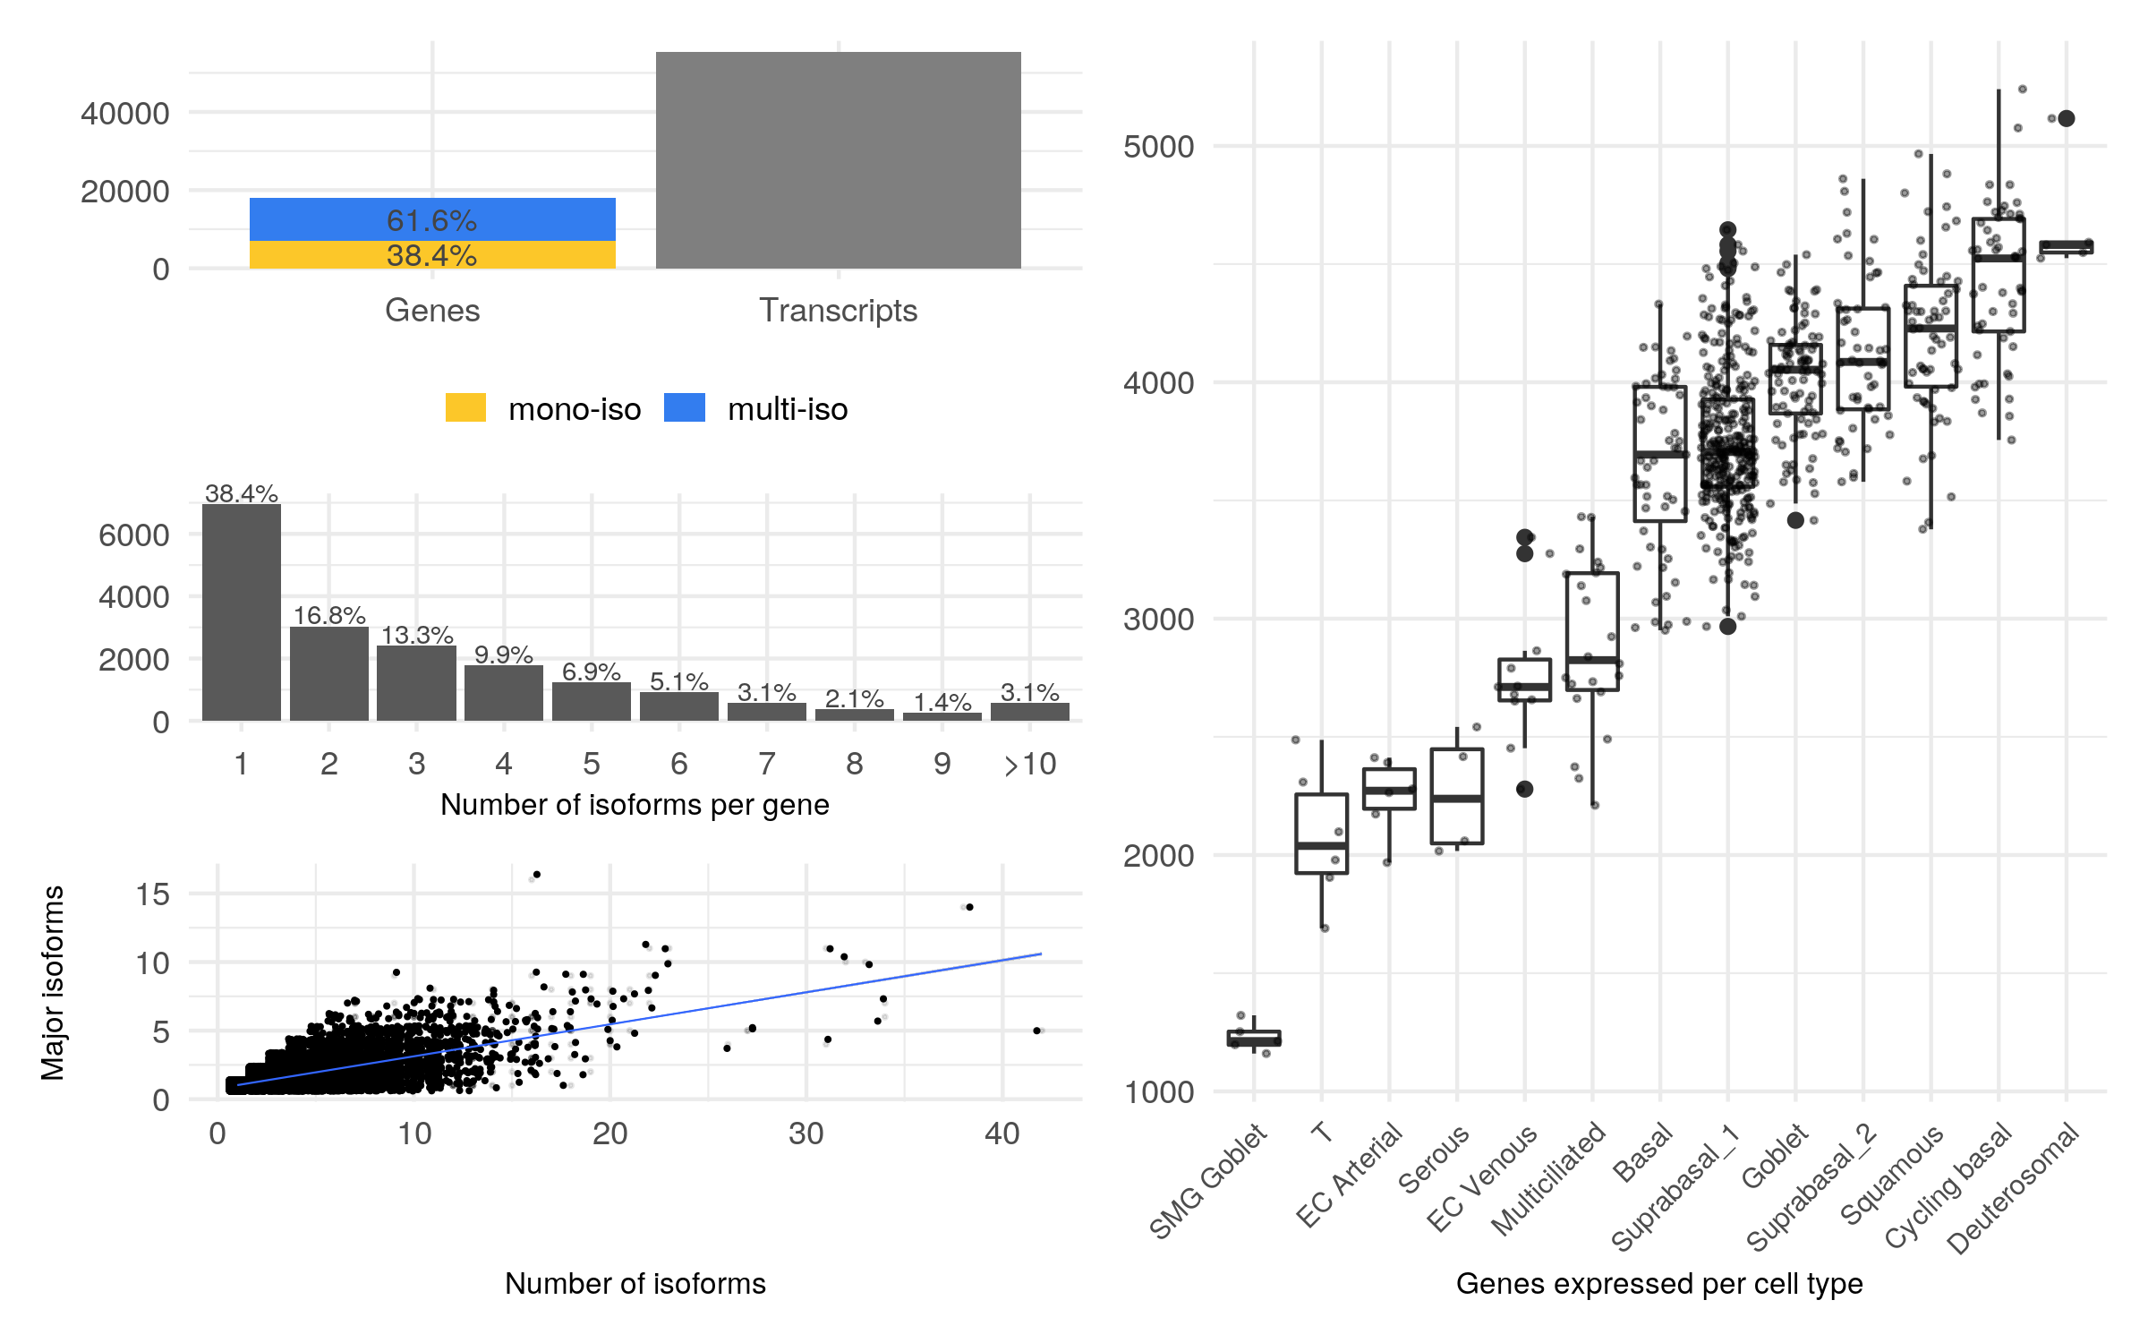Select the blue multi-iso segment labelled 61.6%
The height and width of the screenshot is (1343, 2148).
point(432,219)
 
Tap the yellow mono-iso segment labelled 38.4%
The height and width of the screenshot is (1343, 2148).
point(432,255)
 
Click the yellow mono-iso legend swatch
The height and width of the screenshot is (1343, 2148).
point(465,408)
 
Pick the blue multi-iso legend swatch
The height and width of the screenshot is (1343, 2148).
point(685,408)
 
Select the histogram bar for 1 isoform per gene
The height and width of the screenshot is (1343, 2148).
point(242,612)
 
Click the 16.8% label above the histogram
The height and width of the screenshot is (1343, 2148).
point(329,615)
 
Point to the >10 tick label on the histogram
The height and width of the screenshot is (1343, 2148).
point(1030,764)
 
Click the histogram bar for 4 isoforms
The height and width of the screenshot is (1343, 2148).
point(504,693)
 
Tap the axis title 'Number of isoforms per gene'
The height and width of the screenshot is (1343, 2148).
point(635,805)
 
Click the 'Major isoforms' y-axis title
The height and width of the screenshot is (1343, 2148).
point(53,983)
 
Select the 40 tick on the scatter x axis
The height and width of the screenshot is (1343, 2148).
point(1002,1133)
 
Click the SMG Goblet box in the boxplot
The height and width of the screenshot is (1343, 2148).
point(1253,1038)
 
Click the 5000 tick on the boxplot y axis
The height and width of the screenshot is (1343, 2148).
point(1159,146)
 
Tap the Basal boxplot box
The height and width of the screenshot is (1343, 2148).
point(1660,453)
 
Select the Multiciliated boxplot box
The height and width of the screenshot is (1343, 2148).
point(1592,630)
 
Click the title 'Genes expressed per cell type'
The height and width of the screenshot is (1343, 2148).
point(1659,1283)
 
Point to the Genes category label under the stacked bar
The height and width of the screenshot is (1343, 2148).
point(432,310)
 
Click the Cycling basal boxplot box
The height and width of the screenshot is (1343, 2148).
point(1999,275)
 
